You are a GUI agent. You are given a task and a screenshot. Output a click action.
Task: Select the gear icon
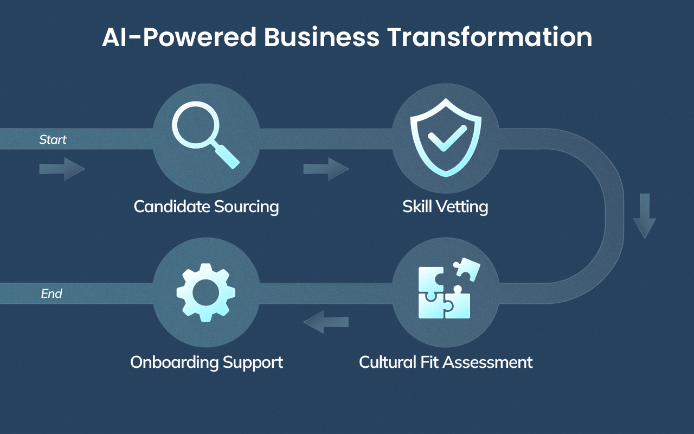[206, 292]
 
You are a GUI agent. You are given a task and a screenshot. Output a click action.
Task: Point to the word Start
[53, 140]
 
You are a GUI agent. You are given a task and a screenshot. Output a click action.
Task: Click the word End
[52, 294]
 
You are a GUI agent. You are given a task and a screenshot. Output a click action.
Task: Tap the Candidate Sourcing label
[206, 207]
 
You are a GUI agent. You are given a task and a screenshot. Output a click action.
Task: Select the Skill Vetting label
[445, 207]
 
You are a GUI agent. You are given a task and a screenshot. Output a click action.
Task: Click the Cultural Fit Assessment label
[446, 362]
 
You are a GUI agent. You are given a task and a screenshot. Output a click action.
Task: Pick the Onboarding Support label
[207, 362]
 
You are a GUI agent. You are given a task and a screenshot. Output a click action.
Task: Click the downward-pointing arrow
[644, 215]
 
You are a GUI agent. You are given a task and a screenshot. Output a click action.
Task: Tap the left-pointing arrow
[325, 322]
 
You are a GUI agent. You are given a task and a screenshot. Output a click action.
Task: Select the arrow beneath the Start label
[62, 169]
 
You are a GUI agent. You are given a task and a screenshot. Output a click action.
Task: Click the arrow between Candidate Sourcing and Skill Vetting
[325, 169]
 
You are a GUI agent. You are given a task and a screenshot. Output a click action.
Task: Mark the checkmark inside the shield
[446, 138]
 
